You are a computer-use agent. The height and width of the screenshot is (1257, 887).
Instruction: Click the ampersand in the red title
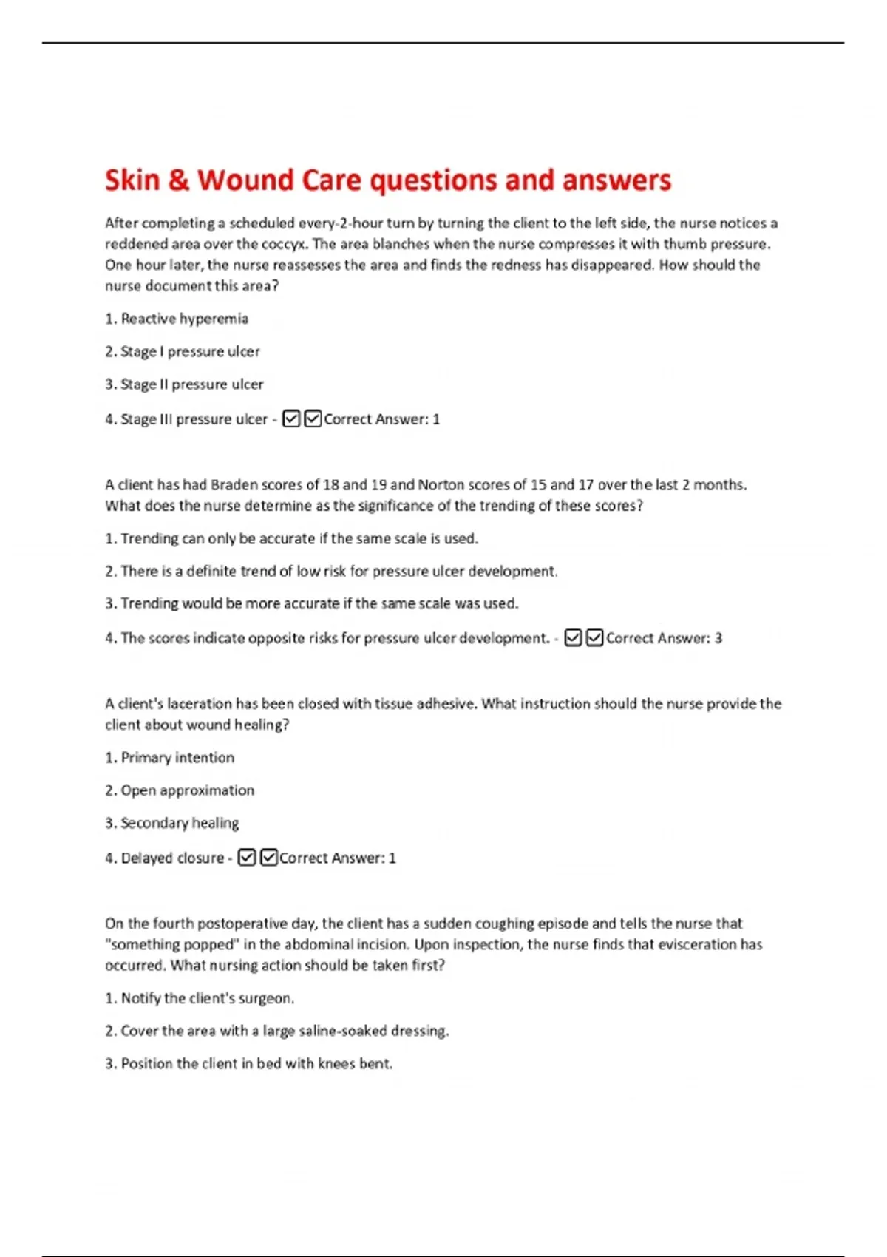[x=178, y=180]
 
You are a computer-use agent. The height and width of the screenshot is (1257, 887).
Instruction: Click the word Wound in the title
[x=245, y=180]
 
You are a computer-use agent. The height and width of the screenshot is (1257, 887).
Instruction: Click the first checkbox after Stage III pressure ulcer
[x=291, y=419]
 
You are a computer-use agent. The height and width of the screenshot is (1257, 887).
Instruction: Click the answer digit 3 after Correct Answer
[x=718, y=638]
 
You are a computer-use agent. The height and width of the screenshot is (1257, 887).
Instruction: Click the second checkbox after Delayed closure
[x=269, y=858]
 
